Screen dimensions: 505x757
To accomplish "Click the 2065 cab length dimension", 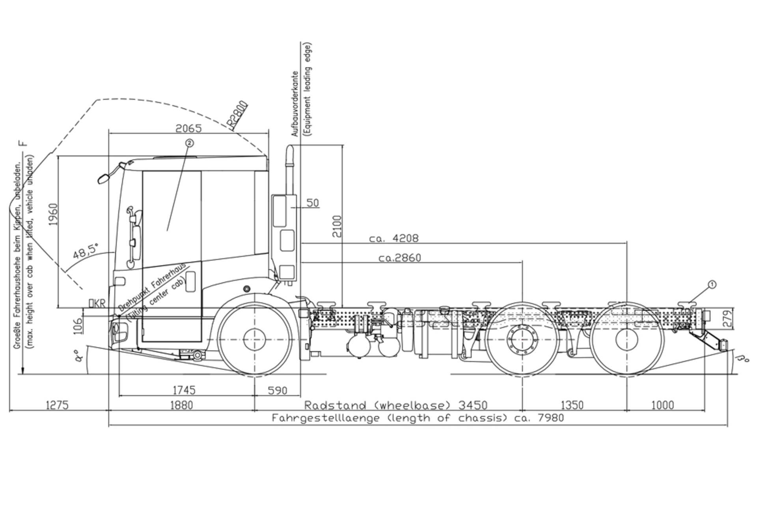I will point(188,129).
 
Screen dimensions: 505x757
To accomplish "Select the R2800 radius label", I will point(238,116).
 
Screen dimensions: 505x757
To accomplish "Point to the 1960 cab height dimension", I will point(52,214).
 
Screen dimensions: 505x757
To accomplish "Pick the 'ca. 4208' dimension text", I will point(393,239).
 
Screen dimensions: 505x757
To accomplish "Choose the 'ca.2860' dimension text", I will point(399,258).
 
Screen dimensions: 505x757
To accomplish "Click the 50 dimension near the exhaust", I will point(312,203).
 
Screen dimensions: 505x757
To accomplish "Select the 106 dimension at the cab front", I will point(78,325).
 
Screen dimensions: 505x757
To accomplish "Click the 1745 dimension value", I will point(184,390).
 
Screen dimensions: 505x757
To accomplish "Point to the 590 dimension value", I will point(278,391).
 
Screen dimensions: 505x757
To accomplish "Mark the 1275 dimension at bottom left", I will point(57,405).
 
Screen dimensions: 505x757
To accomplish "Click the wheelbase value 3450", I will point(473,405).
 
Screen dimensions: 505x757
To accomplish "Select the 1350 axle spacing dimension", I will point(572,405).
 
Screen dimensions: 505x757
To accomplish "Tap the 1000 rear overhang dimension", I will point(662,405).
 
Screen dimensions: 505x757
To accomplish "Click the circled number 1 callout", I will point(712,284).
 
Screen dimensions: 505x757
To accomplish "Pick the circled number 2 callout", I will point(189,143).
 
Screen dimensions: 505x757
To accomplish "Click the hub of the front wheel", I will point(255,339).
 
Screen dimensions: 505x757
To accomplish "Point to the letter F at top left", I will point(24,143).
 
